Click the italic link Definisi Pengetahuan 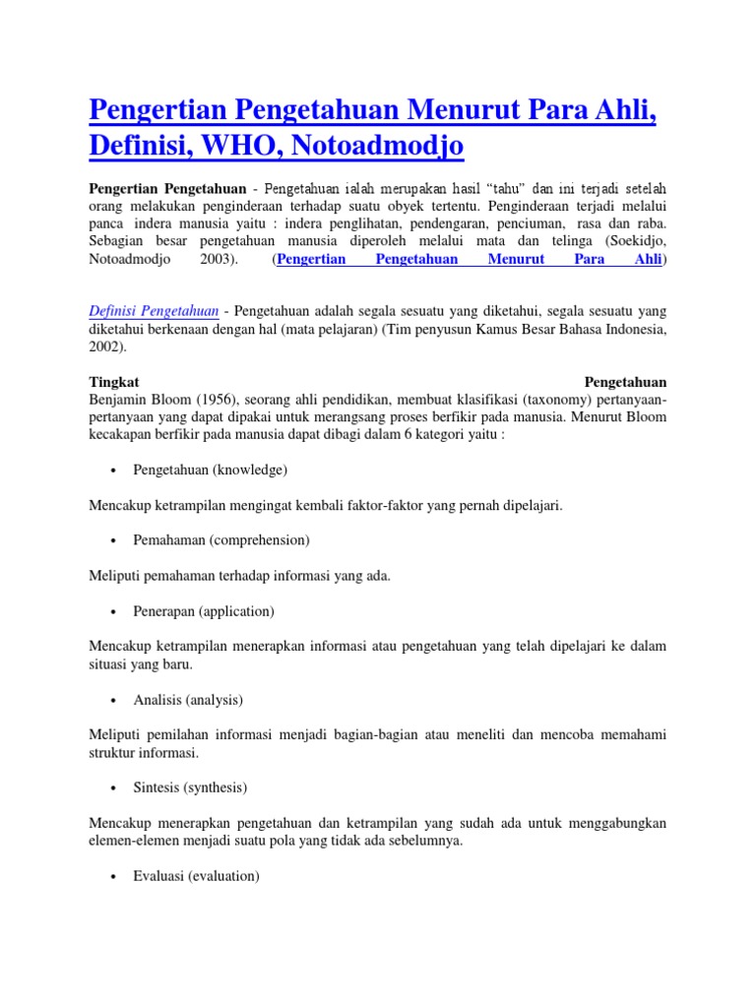point(154,311)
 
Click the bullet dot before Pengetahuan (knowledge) point(116,471)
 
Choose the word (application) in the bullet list point(236,611)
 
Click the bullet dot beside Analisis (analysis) point(116,701)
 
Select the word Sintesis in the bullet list point(158,787)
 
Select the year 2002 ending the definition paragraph point(105,347)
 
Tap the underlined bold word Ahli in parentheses point(647,260)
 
